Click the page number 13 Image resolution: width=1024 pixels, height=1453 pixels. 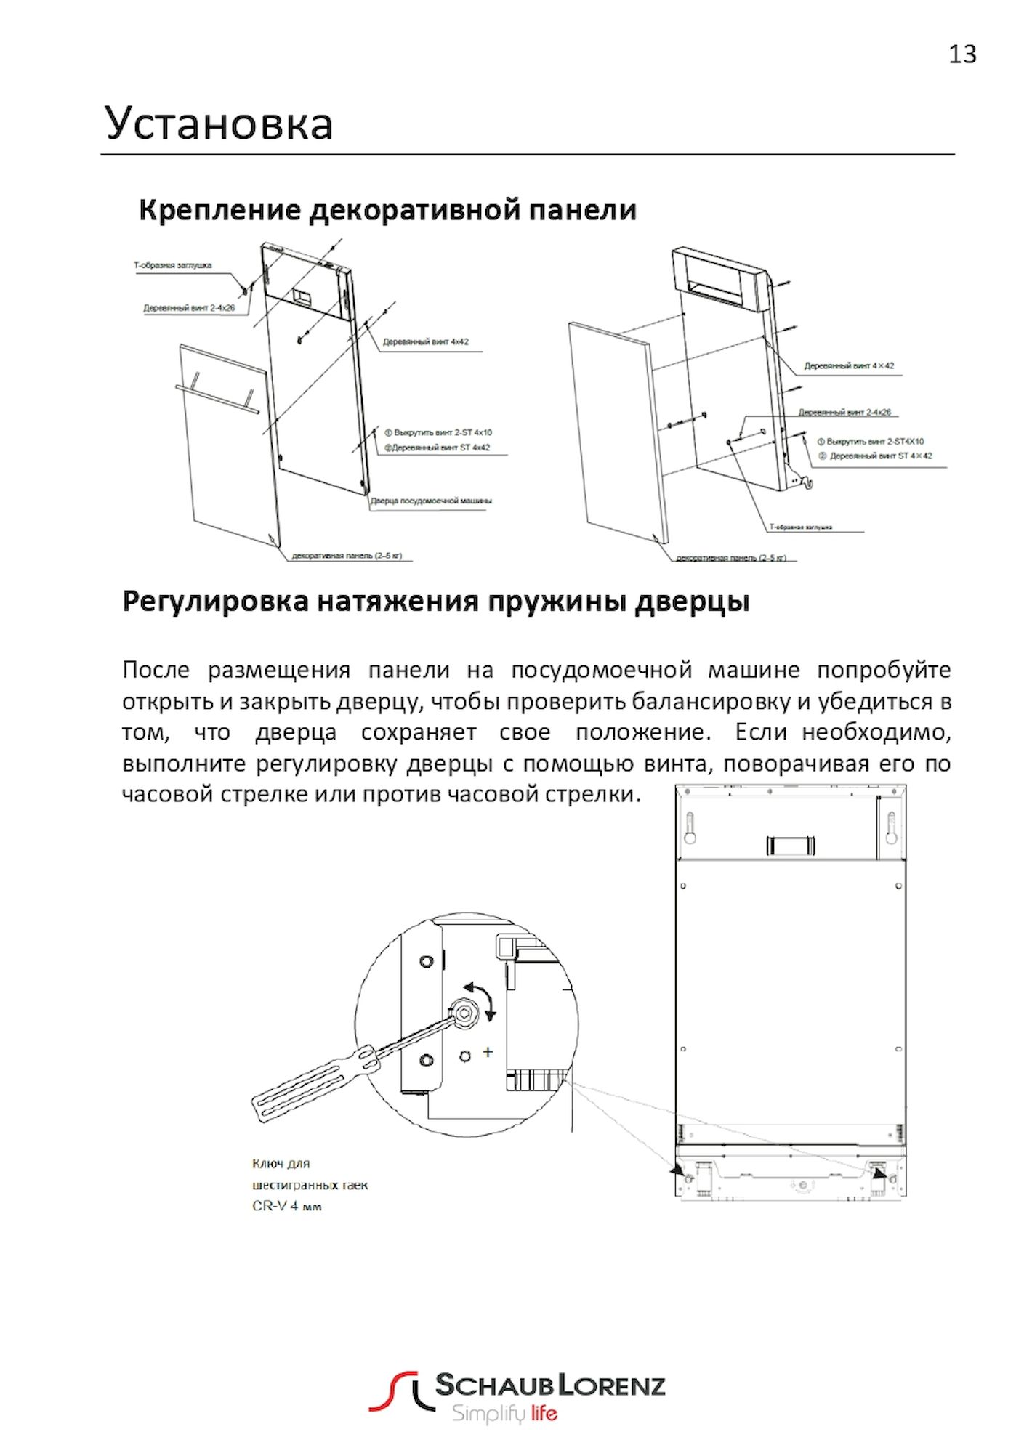962,54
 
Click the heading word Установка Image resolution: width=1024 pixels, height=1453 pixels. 219,124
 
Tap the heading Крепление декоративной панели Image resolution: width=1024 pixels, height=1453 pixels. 387,210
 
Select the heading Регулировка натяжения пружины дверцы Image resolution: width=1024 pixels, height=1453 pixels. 435,602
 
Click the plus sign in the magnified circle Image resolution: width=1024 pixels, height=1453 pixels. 488,1051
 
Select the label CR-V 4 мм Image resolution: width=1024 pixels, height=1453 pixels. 287,1207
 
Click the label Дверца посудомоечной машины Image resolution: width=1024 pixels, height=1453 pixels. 432,501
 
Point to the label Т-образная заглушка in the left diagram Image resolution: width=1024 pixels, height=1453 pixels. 172,265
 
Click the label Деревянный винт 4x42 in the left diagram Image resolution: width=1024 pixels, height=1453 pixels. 425,341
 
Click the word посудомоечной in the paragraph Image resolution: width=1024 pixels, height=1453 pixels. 605,669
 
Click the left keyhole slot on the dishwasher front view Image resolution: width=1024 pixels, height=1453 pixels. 690,827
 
